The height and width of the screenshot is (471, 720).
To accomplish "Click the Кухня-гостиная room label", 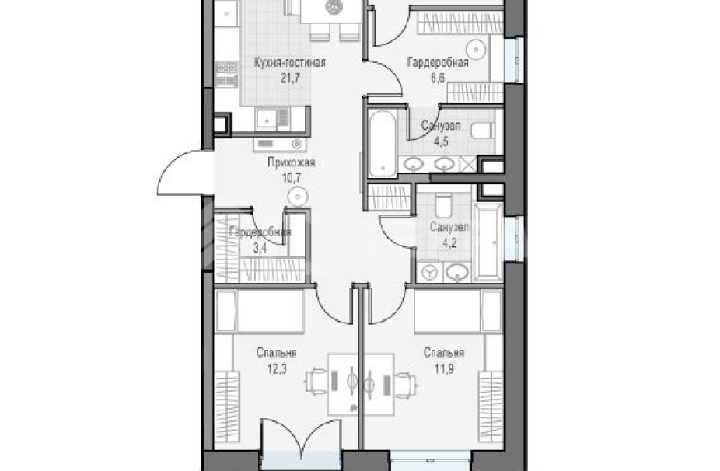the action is (x=290, y=62).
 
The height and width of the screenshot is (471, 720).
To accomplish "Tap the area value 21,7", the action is (x=290, y=78).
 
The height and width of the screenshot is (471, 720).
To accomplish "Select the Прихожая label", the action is (x=292, y=162).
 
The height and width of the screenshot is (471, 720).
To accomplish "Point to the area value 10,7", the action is (x=291, y=178).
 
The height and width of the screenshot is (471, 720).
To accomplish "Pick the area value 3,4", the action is (x=260, y=248).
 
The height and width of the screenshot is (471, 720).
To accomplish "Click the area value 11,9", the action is (x=444, y=368).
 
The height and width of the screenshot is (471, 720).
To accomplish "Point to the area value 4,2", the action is (x=449, y=242).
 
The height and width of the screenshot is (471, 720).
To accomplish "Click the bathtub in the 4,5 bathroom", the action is (x=382, y=143).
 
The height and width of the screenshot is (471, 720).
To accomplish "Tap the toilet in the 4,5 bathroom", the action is (x=483, y=131).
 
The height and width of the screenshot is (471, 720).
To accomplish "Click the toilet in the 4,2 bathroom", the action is (x=443, y=206).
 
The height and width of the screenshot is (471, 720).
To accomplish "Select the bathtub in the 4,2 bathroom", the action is (x=488, y=242).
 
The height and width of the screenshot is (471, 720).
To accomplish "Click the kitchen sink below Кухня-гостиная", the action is (x=267, y=120).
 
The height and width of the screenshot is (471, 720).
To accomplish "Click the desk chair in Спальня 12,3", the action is (x=315, y=382).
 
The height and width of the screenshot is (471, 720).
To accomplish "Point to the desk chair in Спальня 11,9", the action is (x=405, y=385).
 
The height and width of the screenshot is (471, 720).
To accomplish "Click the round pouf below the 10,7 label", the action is (x=298, y=197).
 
